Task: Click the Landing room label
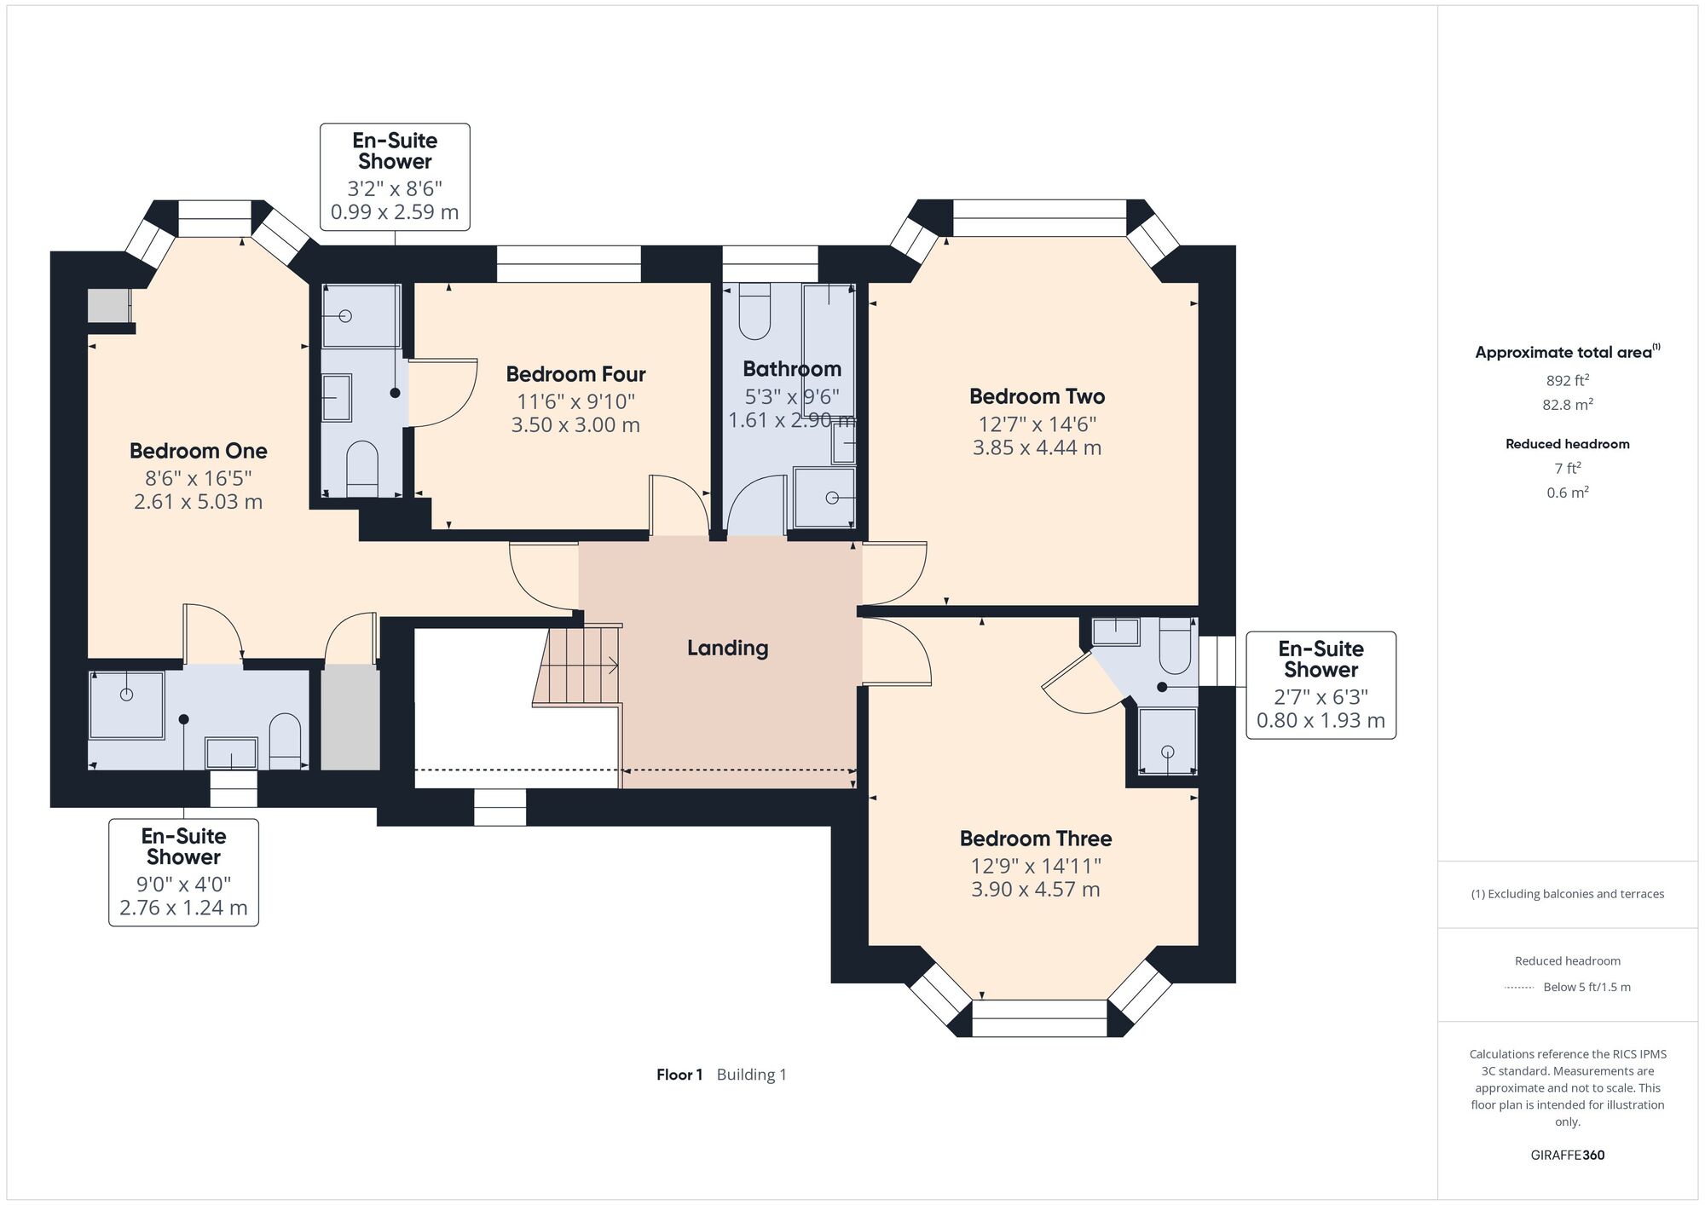[727, 649]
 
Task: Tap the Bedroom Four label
[575, 374]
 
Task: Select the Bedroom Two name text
[1037, 396]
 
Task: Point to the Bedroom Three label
[1036, 839]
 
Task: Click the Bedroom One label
[198, 451]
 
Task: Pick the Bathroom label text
[792, 369]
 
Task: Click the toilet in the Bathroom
[754, 311]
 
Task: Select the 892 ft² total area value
[1567, 380]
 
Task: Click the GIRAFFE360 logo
[1567, 1156]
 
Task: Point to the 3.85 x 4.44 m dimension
[1037, 447]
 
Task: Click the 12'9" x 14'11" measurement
[1036, 866]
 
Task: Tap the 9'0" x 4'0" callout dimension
[183, 885]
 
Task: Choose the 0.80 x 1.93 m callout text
[1321, 721]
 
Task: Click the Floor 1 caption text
[679, 1075]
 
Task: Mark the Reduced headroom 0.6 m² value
[1567, 492]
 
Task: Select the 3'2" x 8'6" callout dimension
[395, 188]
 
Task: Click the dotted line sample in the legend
[1519, 988]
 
